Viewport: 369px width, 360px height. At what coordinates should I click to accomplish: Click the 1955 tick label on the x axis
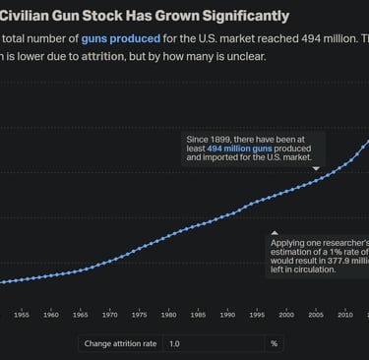22,315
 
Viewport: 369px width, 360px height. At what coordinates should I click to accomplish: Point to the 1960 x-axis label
51,315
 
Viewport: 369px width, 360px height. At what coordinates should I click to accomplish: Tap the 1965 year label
81,315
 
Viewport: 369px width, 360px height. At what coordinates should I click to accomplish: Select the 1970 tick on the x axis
110,315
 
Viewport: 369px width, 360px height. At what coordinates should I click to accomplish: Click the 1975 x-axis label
140,315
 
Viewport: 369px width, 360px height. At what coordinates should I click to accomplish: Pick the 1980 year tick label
169,315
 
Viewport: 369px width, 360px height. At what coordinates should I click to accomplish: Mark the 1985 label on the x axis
198,315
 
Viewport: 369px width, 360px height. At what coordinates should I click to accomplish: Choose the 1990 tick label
227,315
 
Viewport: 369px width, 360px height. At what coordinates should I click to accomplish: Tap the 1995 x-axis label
257,315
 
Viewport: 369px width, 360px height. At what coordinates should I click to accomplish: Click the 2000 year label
286,315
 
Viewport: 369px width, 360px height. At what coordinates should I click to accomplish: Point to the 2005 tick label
316,315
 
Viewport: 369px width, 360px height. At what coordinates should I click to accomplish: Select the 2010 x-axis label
345,315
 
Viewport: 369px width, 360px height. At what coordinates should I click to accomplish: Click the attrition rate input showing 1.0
212,344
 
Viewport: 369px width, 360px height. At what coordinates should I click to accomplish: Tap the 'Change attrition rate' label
120,344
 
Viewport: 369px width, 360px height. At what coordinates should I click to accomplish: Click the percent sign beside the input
275,344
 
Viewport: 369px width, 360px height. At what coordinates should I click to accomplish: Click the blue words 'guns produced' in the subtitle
120,37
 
